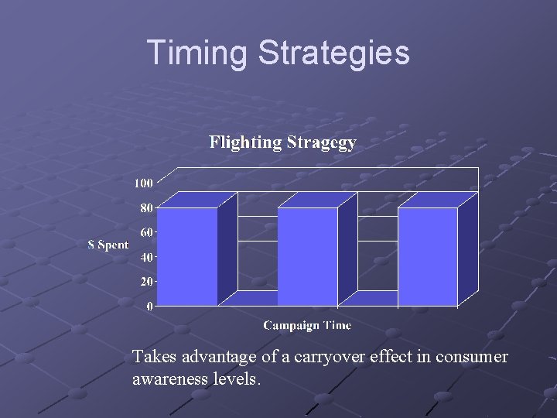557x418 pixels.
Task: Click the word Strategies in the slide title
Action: point(333,53)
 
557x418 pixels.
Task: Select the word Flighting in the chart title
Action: point(245,142)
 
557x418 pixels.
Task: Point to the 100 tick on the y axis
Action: point(143,183)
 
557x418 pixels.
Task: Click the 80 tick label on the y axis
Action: point(146,207)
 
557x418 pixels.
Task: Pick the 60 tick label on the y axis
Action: point(146,232)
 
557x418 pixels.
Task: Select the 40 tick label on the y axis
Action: point(146,257)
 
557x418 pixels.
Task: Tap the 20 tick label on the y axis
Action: point(146,282)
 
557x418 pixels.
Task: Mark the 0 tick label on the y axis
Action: point(149,307)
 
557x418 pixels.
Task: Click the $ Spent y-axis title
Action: point(108,245)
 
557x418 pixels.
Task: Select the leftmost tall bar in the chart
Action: point(187,257)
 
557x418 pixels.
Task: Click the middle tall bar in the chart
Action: point(307,257)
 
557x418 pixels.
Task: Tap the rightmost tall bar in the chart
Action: point(428,257)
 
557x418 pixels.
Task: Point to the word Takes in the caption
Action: point(152,357)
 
